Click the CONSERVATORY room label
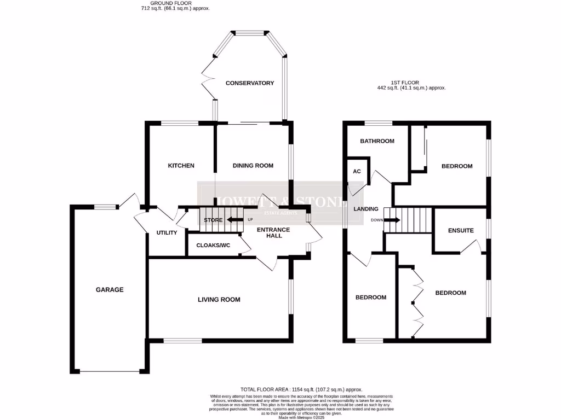[x=249, y=83]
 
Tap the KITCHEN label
[x=181, y=166]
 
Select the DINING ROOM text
[x=253, y=166]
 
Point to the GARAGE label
[x=110, y=290]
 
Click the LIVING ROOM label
[x=219, y=300]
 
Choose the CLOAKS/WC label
[x=213, y=246]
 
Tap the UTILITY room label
[x=167, y=233]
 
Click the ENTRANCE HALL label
[x=273, y=233]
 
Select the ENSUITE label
[x=460, y=231]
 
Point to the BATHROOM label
[x=377, y=141]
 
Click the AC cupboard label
[x=357, y=172]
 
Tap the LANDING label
[x=365, y=209]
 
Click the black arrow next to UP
[x=236, y=220]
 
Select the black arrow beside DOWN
[x=393, y=220]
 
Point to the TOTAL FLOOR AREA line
[x=301, y=389]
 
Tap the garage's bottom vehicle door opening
[x=110, y=371]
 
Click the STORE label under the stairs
[x=213, y=220]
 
